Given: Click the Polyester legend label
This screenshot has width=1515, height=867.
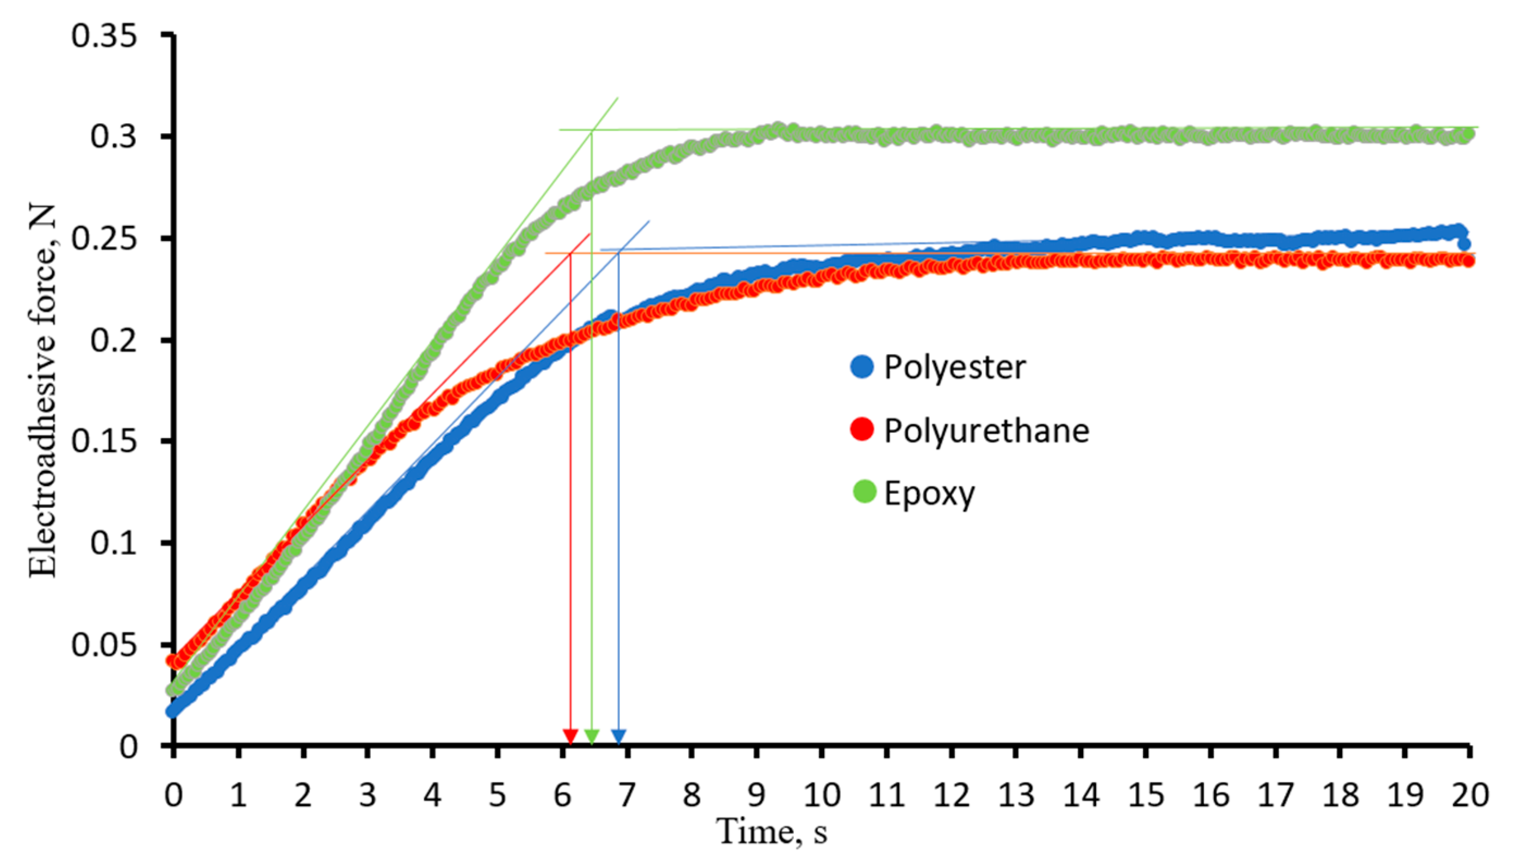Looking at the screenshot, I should pos(954,367).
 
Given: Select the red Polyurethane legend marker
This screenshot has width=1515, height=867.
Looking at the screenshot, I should pos(862,429).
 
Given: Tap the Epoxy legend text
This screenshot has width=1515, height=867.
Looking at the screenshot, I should pos(929,493).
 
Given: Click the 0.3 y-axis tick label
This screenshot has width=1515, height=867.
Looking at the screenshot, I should pos(113,137).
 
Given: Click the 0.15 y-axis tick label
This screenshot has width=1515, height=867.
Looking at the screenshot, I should pos(104,442).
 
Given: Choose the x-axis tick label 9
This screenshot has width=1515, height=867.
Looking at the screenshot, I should pos(756,795).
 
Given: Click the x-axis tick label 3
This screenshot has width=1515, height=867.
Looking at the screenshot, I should pos(368,795).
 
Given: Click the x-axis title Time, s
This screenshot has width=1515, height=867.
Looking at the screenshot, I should pos(772,832).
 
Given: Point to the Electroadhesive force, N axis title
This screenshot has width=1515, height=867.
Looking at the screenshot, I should pos(43,391).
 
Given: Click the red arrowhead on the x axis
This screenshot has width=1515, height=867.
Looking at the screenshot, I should pos(570,737).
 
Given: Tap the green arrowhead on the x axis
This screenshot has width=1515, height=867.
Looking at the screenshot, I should pos(591,737).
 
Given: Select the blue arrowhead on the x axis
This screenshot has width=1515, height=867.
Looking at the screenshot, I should pos(619,737).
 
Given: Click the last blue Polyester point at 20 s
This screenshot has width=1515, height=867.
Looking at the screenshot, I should pos(1464,244).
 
